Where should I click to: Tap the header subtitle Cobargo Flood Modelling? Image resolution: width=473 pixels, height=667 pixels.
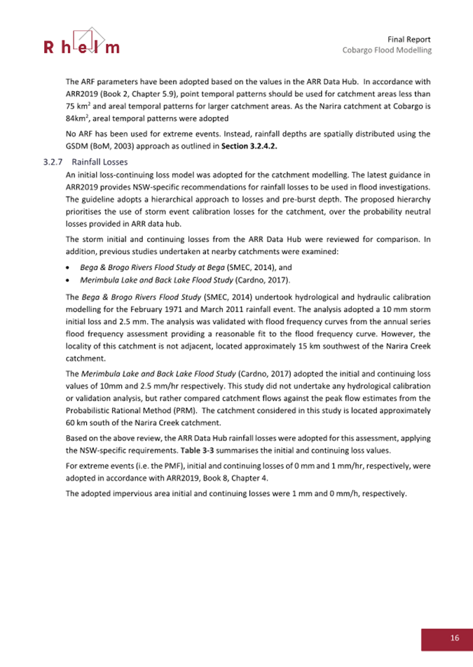pos(386,51)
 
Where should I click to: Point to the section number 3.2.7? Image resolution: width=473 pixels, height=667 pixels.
pos(52,162)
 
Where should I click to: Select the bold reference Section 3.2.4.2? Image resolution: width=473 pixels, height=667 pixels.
pos(253,146)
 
